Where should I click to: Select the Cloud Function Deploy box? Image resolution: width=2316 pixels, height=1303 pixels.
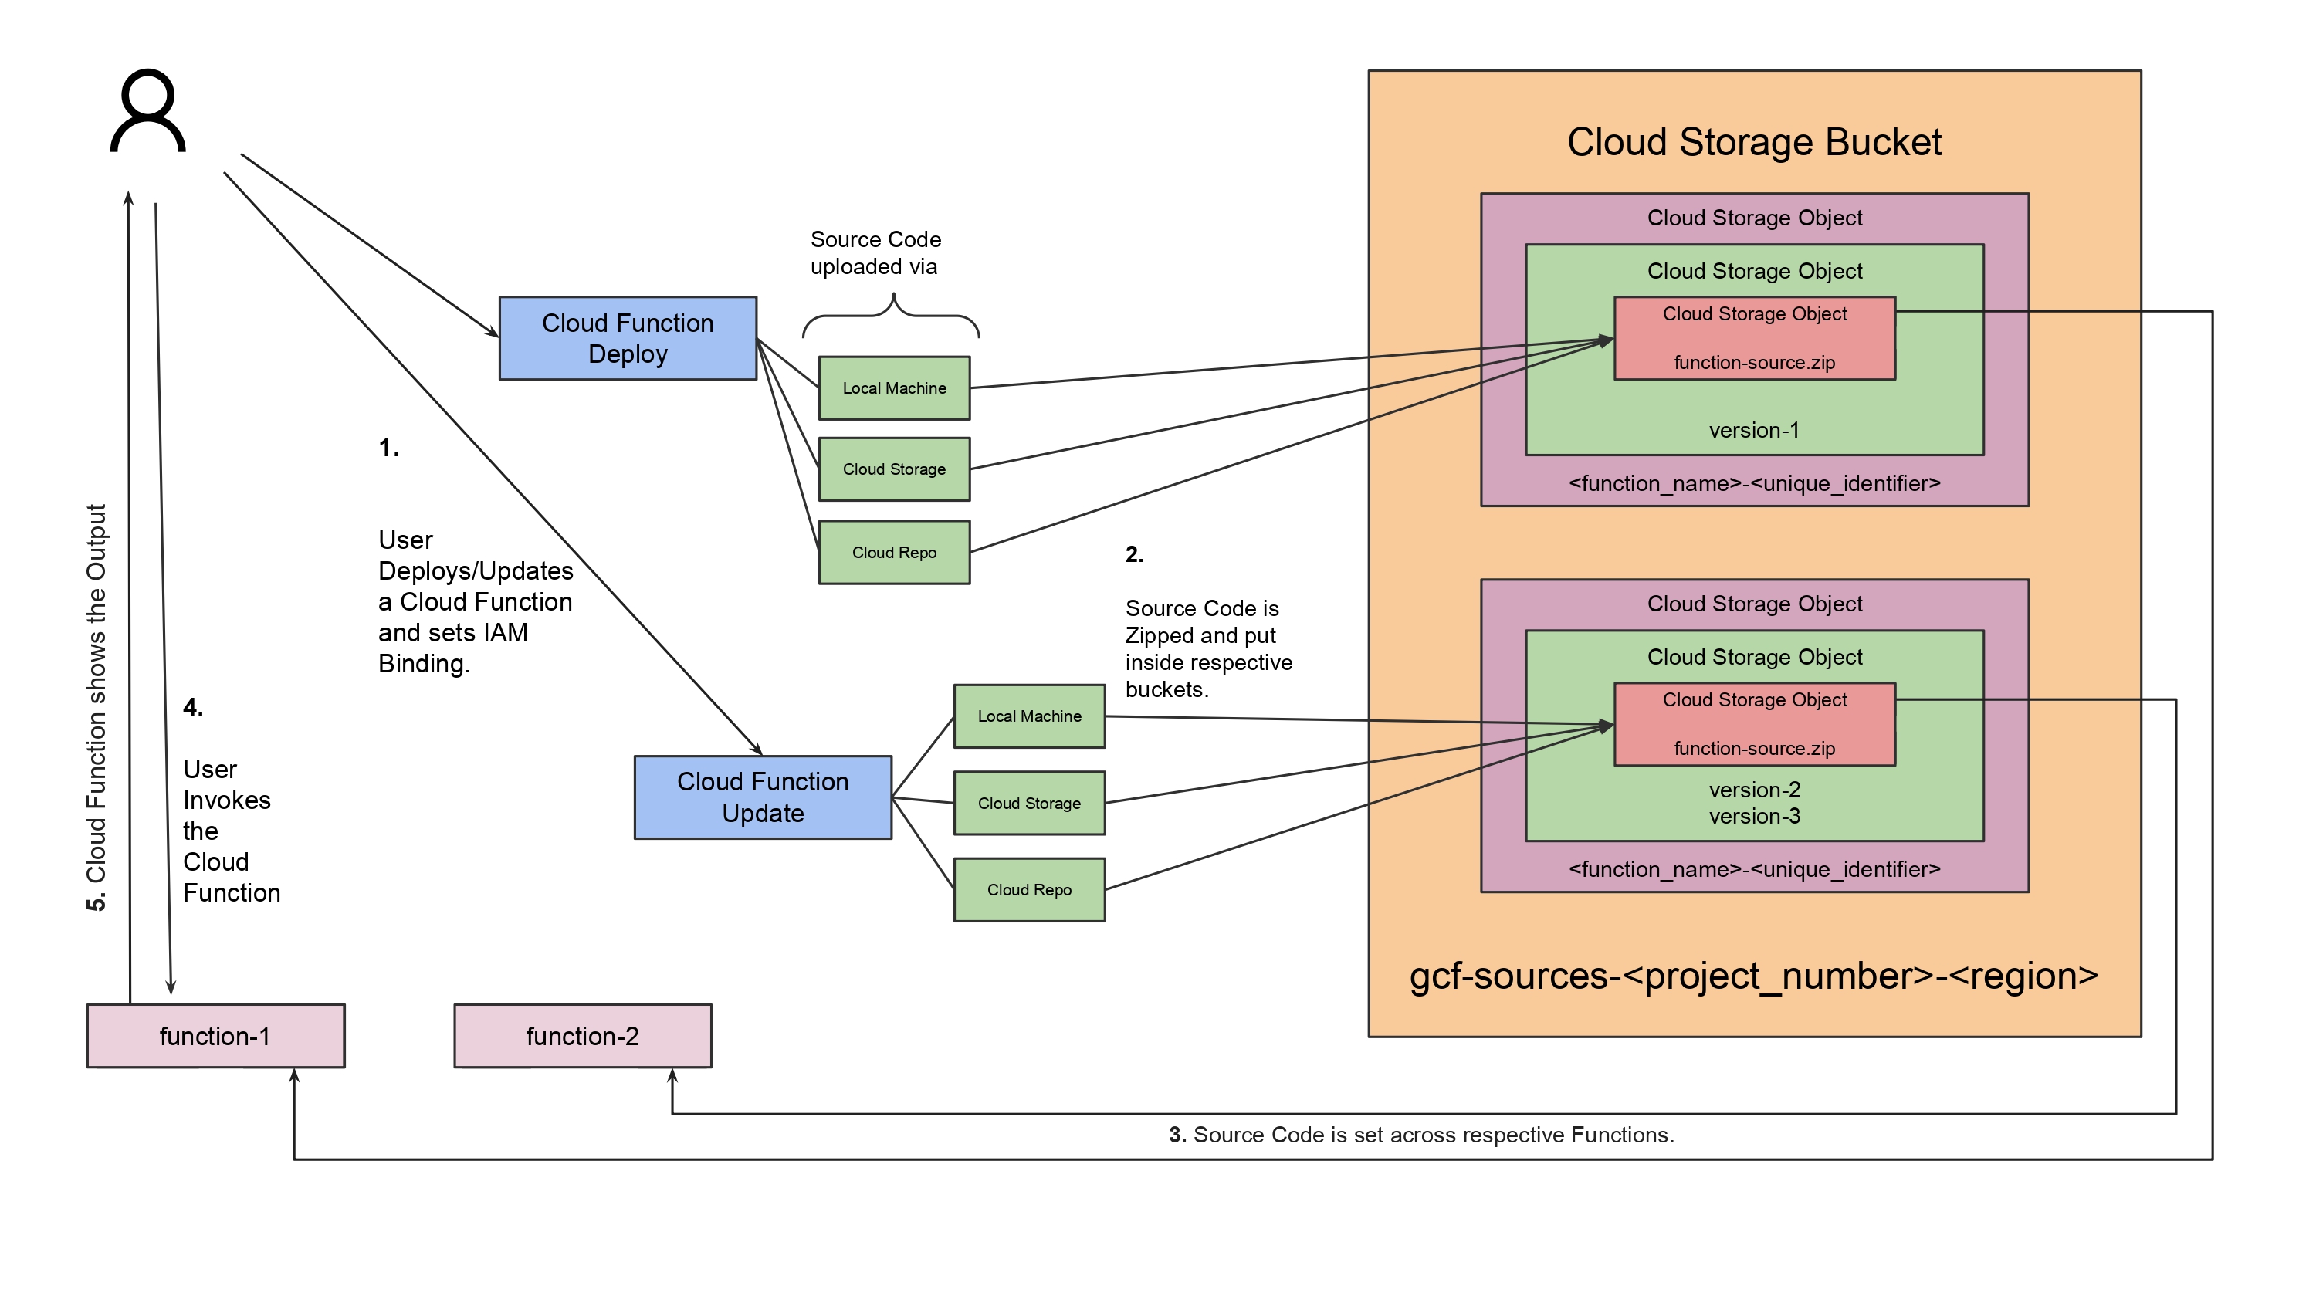click(628, 338)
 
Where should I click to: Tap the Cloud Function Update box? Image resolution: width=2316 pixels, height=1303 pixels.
click(763, 797)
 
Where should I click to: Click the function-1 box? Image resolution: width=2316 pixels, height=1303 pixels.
click(216, 1036)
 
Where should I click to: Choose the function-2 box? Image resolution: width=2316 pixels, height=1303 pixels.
click(583, 1036)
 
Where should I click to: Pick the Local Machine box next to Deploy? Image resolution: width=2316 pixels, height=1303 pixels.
click(894, 388)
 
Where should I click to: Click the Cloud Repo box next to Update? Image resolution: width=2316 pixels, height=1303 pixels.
click(1029, 889)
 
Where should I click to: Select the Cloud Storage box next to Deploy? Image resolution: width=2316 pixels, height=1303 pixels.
click(894, 469)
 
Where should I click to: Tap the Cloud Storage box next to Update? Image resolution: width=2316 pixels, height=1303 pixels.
click(1029, 803)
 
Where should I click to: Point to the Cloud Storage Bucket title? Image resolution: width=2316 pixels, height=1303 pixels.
click(1754, 142)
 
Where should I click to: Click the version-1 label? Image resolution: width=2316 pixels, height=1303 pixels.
click(1754, 430)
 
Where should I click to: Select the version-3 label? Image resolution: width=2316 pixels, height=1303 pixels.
click(1754, 816)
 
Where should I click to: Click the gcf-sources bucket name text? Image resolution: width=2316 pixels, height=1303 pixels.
click(1753, 976)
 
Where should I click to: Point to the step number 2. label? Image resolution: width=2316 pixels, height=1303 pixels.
click(1135, 554)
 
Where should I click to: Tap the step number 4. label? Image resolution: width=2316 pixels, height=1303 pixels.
click(193, 708)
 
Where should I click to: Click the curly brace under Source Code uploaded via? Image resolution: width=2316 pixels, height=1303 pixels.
click(891, 316)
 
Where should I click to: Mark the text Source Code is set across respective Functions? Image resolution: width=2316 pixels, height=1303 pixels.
click(1433, 1135)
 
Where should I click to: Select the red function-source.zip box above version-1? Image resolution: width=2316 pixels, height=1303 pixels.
click(1754, 338)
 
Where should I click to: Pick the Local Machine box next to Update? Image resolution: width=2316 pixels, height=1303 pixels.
click(1029, 716)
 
